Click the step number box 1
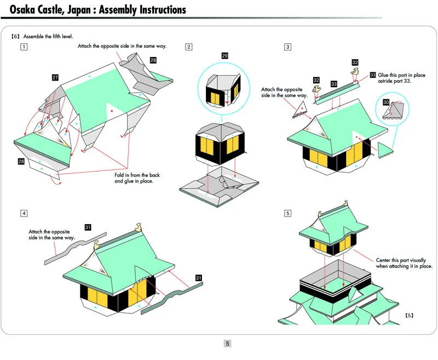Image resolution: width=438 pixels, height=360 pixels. [x=24, y=47]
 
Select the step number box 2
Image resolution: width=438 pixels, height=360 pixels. [x=189, y=47]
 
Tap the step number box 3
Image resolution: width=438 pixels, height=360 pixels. [x=288, y=47]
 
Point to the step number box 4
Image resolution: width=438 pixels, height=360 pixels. [x=24, y=213]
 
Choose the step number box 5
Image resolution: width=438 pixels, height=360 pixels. [x=288, y=213]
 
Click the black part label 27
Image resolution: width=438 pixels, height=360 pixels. [x=55, y=77]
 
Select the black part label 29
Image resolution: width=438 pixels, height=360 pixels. [x=224, y=56]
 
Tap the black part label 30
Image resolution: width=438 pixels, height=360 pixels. [x=386, y=102]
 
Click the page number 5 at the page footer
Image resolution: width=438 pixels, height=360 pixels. [x=227, y=344]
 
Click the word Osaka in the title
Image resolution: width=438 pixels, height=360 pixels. [x=22, y=10]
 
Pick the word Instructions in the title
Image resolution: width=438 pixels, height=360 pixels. [x=163, y=10]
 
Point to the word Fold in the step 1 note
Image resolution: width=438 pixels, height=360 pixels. [x=119, y=175]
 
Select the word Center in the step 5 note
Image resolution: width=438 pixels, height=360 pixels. [x=383, y=260]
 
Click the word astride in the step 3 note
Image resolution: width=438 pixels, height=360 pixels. [x=385, y=81]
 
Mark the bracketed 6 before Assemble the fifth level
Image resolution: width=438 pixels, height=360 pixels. [x=16, y=36]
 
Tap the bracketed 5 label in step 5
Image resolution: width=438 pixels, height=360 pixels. [x=409, y=315]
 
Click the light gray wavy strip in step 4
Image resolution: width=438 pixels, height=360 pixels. [x=76, y=248]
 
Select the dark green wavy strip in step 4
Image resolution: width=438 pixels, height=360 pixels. [x=172, y=298]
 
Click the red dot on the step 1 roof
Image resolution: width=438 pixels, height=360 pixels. [x=112, y=111]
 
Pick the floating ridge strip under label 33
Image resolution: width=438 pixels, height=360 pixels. [x=336, y=93]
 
